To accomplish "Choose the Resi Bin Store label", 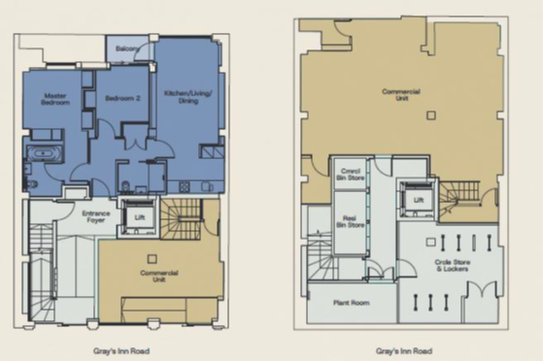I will point(347,217).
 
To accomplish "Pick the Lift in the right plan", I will point(418,200).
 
